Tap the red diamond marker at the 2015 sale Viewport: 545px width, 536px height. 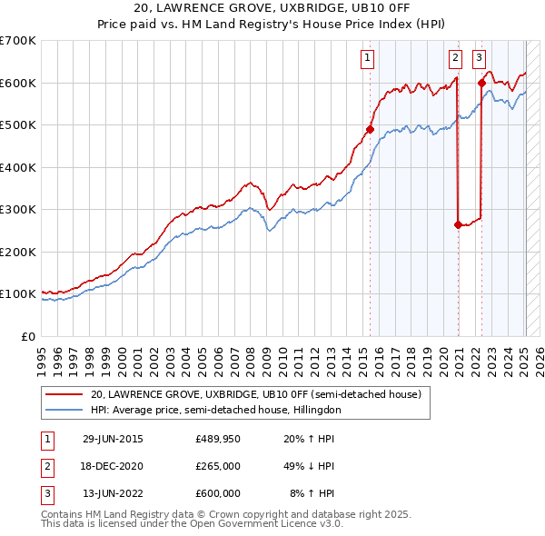[371, 129]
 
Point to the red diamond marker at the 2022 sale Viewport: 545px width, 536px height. [481, 83]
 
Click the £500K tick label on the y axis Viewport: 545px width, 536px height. [18, 125]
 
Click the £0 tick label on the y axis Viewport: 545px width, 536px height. [28, 336]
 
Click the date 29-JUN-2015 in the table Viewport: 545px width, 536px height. [113, 439]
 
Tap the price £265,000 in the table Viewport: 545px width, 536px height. [217, 466]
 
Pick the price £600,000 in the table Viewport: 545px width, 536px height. [217, 493]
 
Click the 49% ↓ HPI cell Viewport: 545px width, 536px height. [310, 466]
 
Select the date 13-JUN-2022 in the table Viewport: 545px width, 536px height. [113, 493]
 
